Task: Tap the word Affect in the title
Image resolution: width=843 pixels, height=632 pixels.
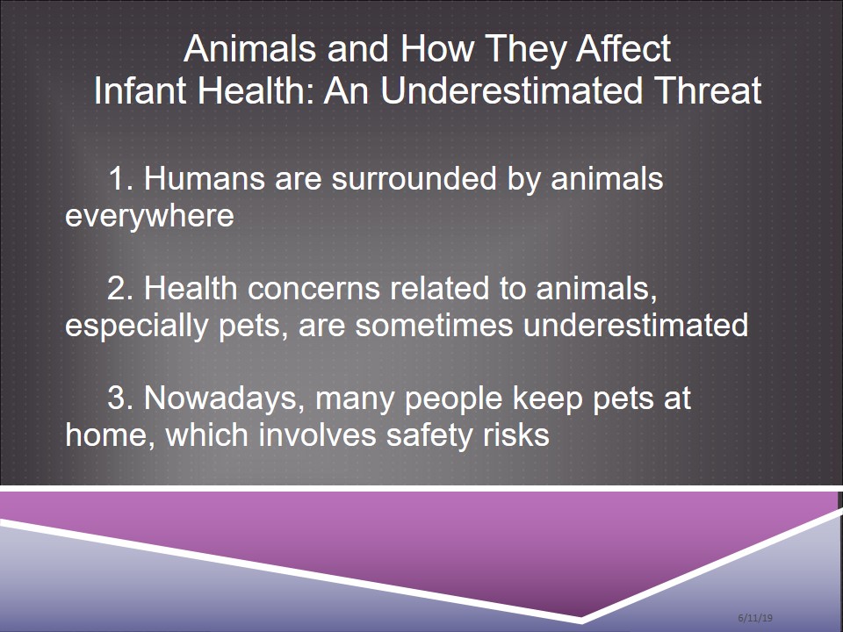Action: click(x=624, y=48)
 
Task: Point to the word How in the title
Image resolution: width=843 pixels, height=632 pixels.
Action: click(x=437, y=48)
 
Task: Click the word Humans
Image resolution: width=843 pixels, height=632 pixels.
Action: click(x=205, y=178)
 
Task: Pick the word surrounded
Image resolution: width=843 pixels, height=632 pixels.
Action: click(x=414, y=178)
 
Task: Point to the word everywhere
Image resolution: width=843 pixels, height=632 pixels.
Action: click(x=149, y=216)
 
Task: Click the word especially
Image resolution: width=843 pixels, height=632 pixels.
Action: click(x=137, y=325)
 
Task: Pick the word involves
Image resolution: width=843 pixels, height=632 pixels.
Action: click(x=318, y=434)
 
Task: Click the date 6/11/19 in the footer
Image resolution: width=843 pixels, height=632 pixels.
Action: click(x=755, y=617)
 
